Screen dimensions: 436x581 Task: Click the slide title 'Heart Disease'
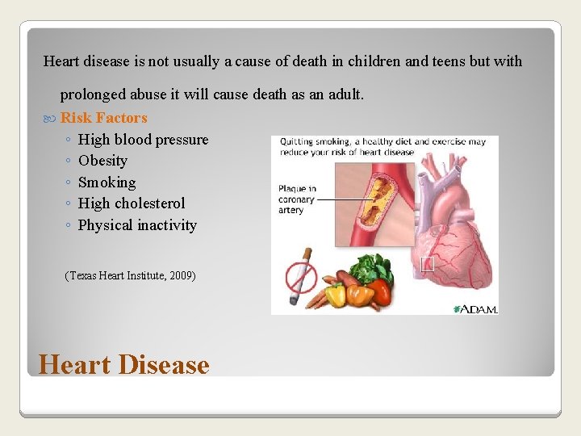pos(123,364)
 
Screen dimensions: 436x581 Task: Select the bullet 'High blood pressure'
pos(143,140)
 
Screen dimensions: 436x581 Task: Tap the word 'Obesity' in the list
pos(102,161)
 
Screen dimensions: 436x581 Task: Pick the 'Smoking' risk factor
pos(107,182)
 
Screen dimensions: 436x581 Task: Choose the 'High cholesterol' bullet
pos(132,203)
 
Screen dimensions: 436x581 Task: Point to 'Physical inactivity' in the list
pos(137,225)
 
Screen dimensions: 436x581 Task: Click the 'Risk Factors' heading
pos(104,118)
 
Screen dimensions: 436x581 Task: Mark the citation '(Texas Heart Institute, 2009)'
pos(130,276)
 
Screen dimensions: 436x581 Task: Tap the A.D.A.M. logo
pos(475,308)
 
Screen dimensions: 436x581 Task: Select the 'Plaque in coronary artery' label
pos(296,199)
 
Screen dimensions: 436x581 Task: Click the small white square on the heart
pos(428,264)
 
